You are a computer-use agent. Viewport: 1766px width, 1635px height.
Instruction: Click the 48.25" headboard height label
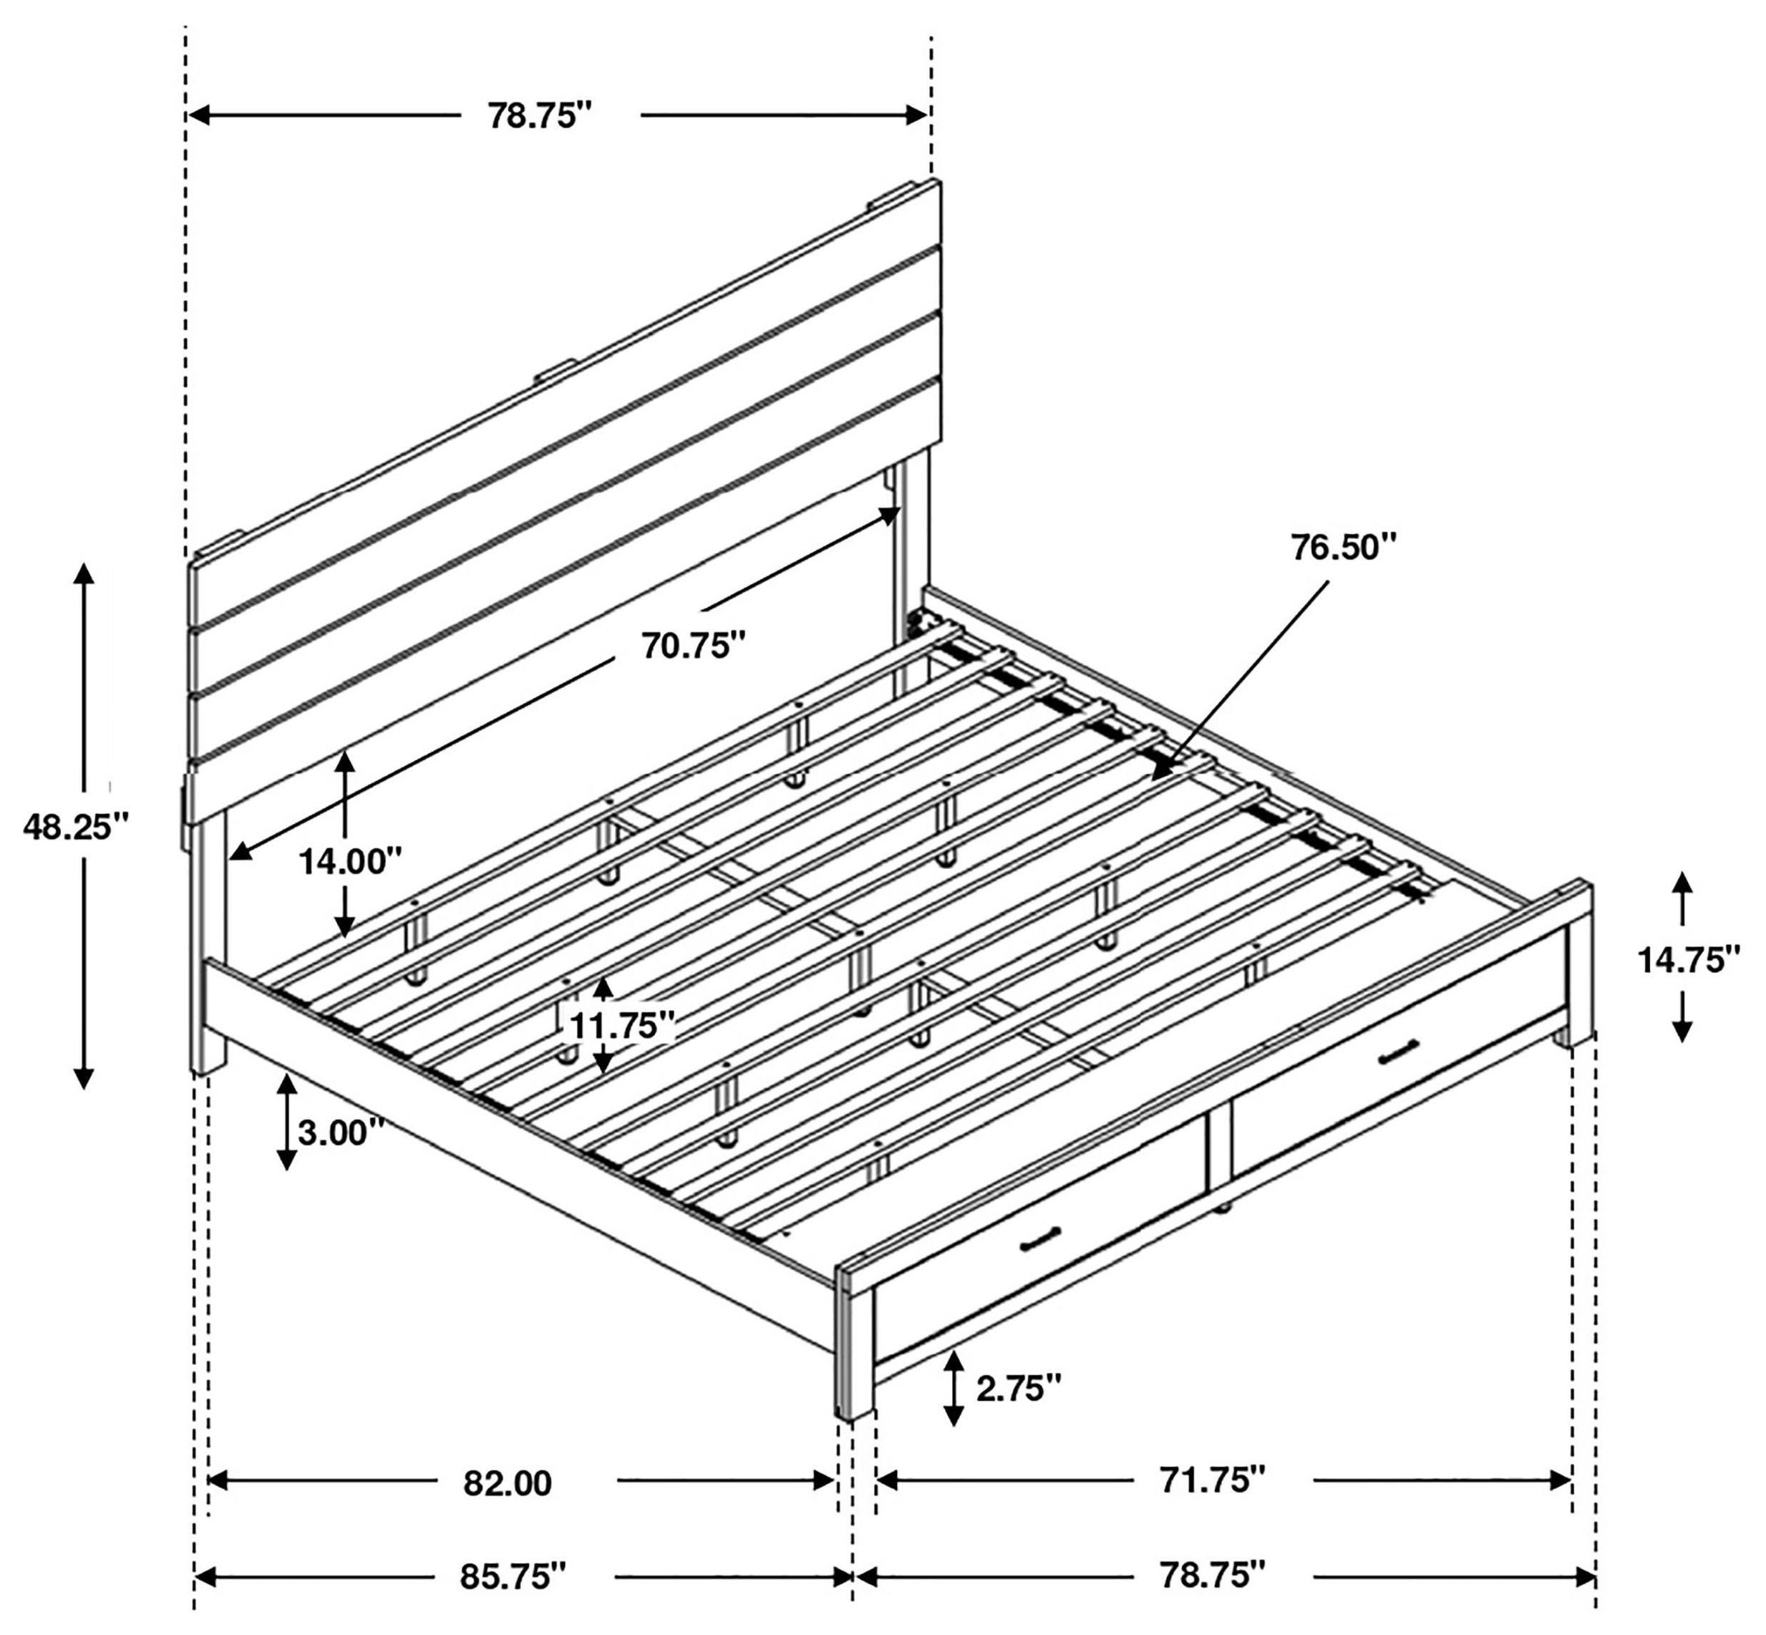75,828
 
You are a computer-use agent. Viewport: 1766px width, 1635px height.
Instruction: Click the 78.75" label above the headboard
539,116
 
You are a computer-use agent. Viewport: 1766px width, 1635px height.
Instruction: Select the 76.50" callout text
1342,547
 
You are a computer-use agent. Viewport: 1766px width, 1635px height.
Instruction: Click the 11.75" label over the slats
622,1027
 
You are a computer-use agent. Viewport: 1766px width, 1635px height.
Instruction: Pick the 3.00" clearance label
341,1132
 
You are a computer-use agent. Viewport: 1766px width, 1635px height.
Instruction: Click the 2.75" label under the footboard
1017,1388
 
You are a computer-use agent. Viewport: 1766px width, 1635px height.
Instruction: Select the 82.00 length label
507,1483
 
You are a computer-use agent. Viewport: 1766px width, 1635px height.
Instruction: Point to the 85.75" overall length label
511,1576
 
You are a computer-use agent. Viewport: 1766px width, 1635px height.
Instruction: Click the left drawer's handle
1042,1238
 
